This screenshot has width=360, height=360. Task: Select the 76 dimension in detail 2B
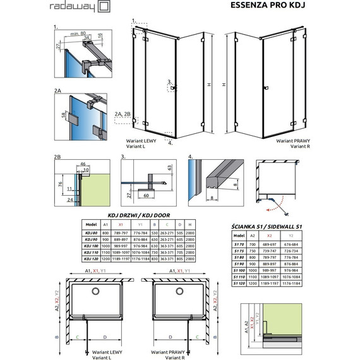(x=59, y=184)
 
